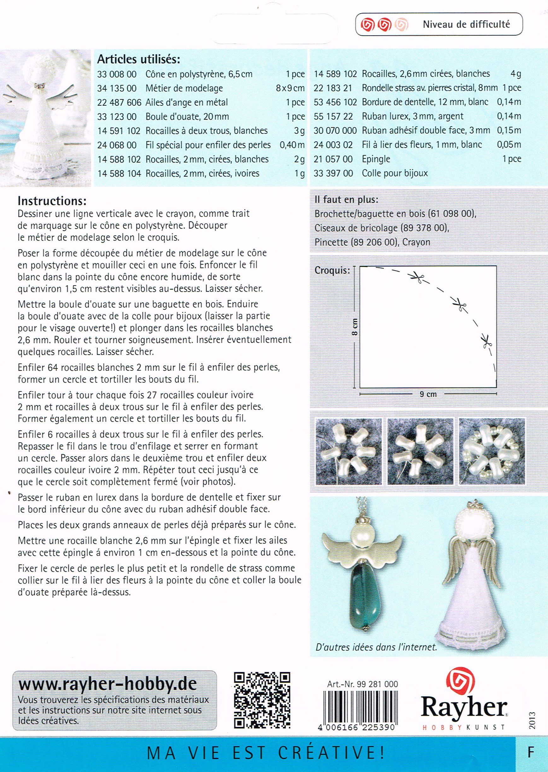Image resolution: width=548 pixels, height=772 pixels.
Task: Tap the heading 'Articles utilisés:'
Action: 138,60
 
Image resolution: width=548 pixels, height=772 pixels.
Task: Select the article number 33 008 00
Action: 117,74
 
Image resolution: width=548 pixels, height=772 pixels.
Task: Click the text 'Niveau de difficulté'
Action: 466,24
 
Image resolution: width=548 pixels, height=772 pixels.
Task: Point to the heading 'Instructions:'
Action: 52,201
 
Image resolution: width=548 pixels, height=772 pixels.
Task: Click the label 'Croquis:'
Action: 332,270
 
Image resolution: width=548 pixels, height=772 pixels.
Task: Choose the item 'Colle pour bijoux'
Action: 394,173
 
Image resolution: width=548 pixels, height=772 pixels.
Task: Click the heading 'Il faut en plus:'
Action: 346,199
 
